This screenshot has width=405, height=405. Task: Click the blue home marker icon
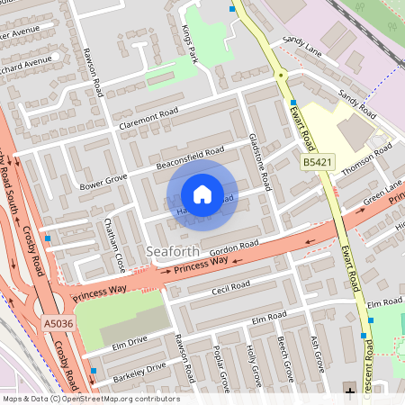click(202, 194)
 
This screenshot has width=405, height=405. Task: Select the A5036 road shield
click(57, 322)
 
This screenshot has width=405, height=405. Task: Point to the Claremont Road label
click(150, 118)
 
